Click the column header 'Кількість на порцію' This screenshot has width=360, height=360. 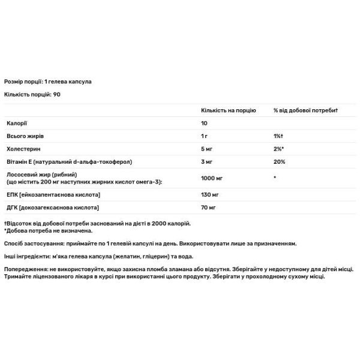228,111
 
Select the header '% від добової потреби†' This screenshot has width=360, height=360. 306,111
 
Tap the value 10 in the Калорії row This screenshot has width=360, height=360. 204,124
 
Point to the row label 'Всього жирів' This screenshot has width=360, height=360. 23,137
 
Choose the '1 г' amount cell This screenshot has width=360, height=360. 205,137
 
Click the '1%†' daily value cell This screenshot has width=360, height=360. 278,137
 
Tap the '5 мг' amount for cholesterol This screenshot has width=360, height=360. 207,149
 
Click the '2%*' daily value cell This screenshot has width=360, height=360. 279,149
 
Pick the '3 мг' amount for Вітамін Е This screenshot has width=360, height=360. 207,162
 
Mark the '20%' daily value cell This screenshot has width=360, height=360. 280,162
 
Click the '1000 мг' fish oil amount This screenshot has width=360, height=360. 212,179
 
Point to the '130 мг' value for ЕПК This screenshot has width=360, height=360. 210,195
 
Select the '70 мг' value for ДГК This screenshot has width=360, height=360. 209,208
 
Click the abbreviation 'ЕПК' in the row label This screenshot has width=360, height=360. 11,195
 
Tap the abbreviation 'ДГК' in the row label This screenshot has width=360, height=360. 11,208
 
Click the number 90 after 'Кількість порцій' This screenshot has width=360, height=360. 57,95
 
